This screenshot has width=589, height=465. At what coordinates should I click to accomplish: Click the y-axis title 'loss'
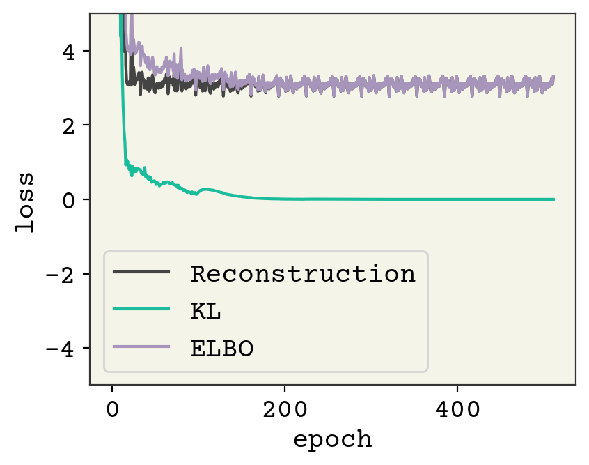tap(26, 199)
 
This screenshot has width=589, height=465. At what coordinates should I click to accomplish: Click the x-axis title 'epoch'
tap(332, 440)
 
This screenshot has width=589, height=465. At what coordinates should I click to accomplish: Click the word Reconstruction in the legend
tap(303, 274)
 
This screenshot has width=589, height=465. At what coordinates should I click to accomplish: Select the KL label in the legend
tap(205, 311)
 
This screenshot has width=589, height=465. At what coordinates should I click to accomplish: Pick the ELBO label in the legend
tap(221, 348)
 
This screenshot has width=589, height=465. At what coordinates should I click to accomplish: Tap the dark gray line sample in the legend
tap(141, 273)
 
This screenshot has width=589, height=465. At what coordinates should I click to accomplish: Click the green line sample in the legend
tap(141, 310)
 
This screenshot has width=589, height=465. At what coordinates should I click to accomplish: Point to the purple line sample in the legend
tap(141, 347)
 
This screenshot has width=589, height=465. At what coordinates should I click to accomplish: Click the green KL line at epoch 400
tap(457, 199)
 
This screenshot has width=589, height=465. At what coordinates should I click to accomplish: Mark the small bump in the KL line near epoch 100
tap(204, 189)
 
